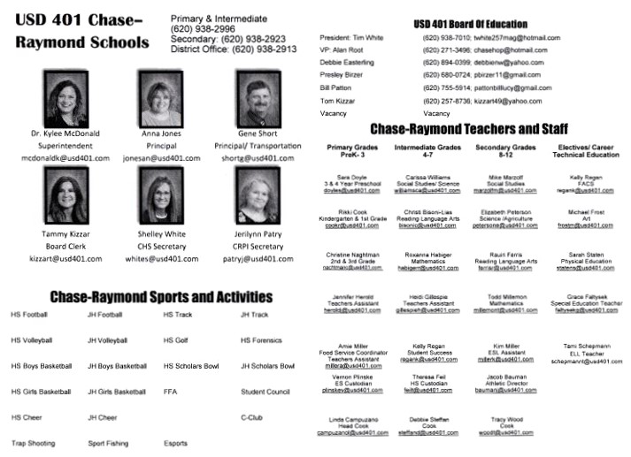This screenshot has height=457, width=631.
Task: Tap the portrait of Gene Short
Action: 257,97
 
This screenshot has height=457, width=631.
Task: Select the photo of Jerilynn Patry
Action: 257,196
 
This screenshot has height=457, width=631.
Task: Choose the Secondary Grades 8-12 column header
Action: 506,150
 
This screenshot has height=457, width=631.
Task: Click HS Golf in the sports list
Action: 176,339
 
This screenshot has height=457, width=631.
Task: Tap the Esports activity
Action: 175,443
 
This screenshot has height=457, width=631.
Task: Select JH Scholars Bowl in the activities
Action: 267,365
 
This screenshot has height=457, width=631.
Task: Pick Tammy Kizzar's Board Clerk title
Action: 65,247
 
